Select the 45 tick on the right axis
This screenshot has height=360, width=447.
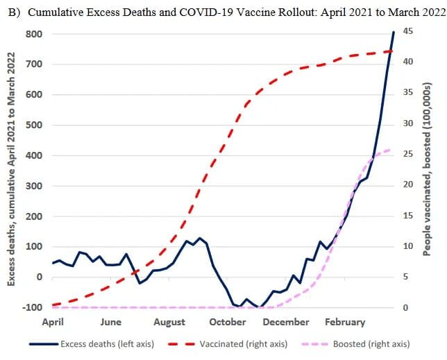407,31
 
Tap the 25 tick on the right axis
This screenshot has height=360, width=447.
407,154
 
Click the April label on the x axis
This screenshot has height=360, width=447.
53,322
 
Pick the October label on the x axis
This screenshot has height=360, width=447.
228,322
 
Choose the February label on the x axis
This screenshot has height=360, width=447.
344,322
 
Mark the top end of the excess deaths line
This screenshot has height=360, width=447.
394,32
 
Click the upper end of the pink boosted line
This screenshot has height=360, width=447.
390,149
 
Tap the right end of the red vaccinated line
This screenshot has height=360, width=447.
393,51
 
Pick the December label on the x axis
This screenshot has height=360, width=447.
286,322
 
